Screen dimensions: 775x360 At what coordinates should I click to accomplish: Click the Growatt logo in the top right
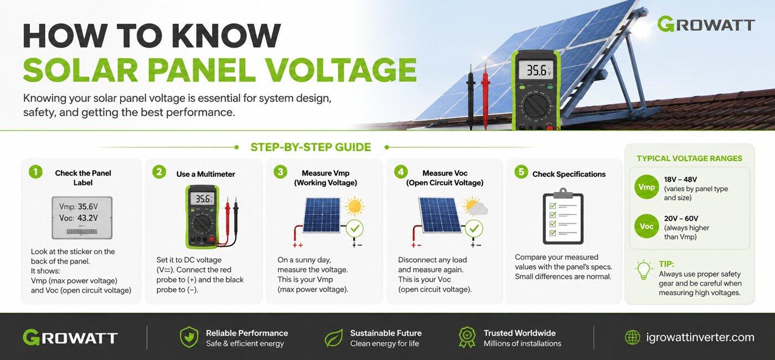pos(706,24)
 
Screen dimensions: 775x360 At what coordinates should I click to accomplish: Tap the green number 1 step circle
pos(35,172)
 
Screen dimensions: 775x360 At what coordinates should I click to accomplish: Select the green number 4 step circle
pos(401,172)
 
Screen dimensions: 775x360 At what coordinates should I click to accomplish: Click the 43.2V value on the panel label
pos(87,218)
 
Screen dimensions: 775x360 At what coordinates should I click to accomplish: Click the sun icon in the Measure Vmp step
pos(355,206)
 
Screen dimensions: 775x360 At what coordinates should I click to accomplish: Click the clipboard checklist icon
pos(563,217)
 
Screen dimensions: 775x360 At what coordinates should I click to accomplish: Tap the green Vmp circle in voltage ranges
pos(647,187)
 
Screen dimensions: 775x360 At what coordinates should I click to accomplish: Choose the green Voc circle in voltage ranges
pos(647,227)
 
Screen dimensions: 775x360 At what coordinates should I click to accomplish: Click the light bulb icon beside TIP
pos(643,270)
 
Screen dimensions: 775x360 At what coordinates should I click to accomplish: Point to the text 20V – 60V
pos(681,218)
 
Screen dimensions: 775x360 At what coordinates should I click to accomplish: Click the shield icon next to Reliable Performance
pos(189,337)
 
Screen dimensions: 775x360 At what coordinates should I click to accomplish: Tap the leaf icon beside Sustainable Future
pos(334,338)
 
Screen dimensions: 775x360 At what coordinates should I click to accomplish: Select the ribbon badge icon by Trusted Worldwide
pos(467,337)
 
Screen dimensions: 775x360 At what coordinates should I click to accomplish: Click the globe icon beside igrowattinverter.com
pos(632,337)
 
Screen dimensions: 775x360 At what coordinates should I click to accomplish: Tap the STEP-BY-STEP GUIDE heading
pos(311,147)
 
